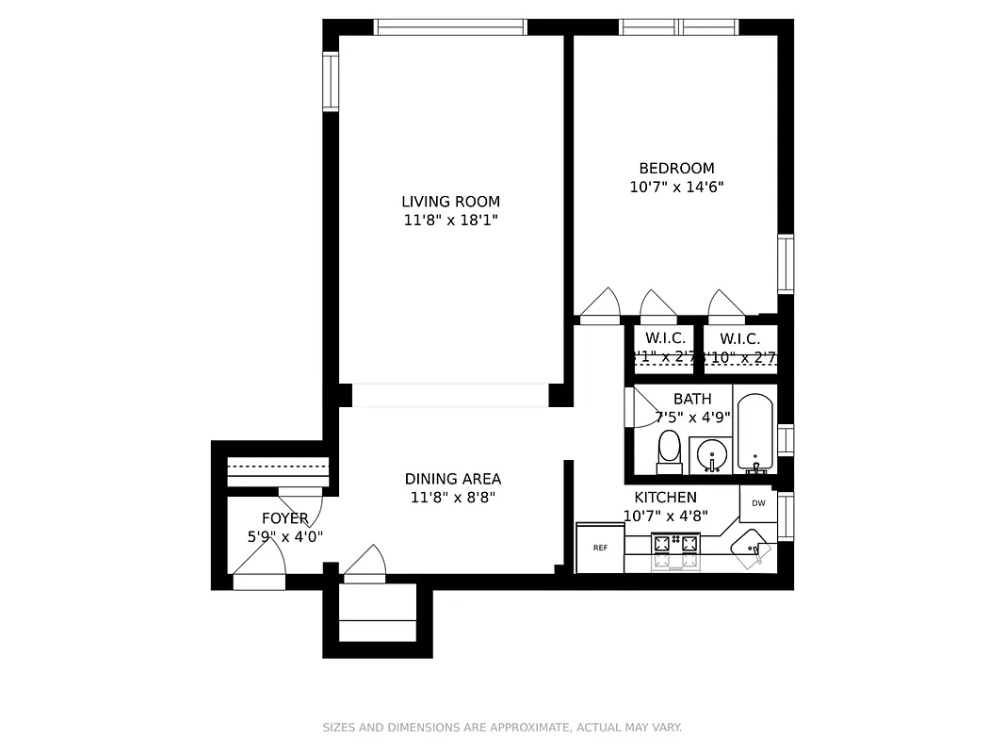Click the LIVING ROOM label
[450, 201]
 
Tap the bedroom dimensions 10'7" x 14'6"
[676, 187]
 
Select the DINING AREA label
[452, 479]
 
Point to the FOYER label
[284, 518]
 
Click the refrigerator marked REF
[600, 548]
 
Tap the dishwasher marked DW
[758, 503]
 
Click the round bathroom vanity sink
[711, 456]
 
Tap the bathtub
[754, 432]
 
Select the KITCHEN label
[665, 498]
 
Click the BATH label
[692, 399]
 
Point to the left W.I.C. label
[665, 338]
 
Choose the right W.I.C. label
[739, 338]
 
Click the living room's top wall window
[450, 27]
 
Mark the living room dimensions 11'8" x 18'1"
[450, 221]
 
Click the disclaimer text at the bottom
[502, 727]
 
